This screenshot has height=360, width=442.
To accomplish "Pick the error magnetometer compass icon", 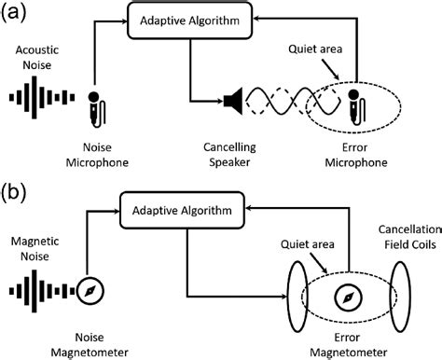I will click(x=347, y=297).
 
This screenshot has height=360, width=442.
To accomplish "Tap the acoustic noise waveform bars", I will click(x=38, y=100).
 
